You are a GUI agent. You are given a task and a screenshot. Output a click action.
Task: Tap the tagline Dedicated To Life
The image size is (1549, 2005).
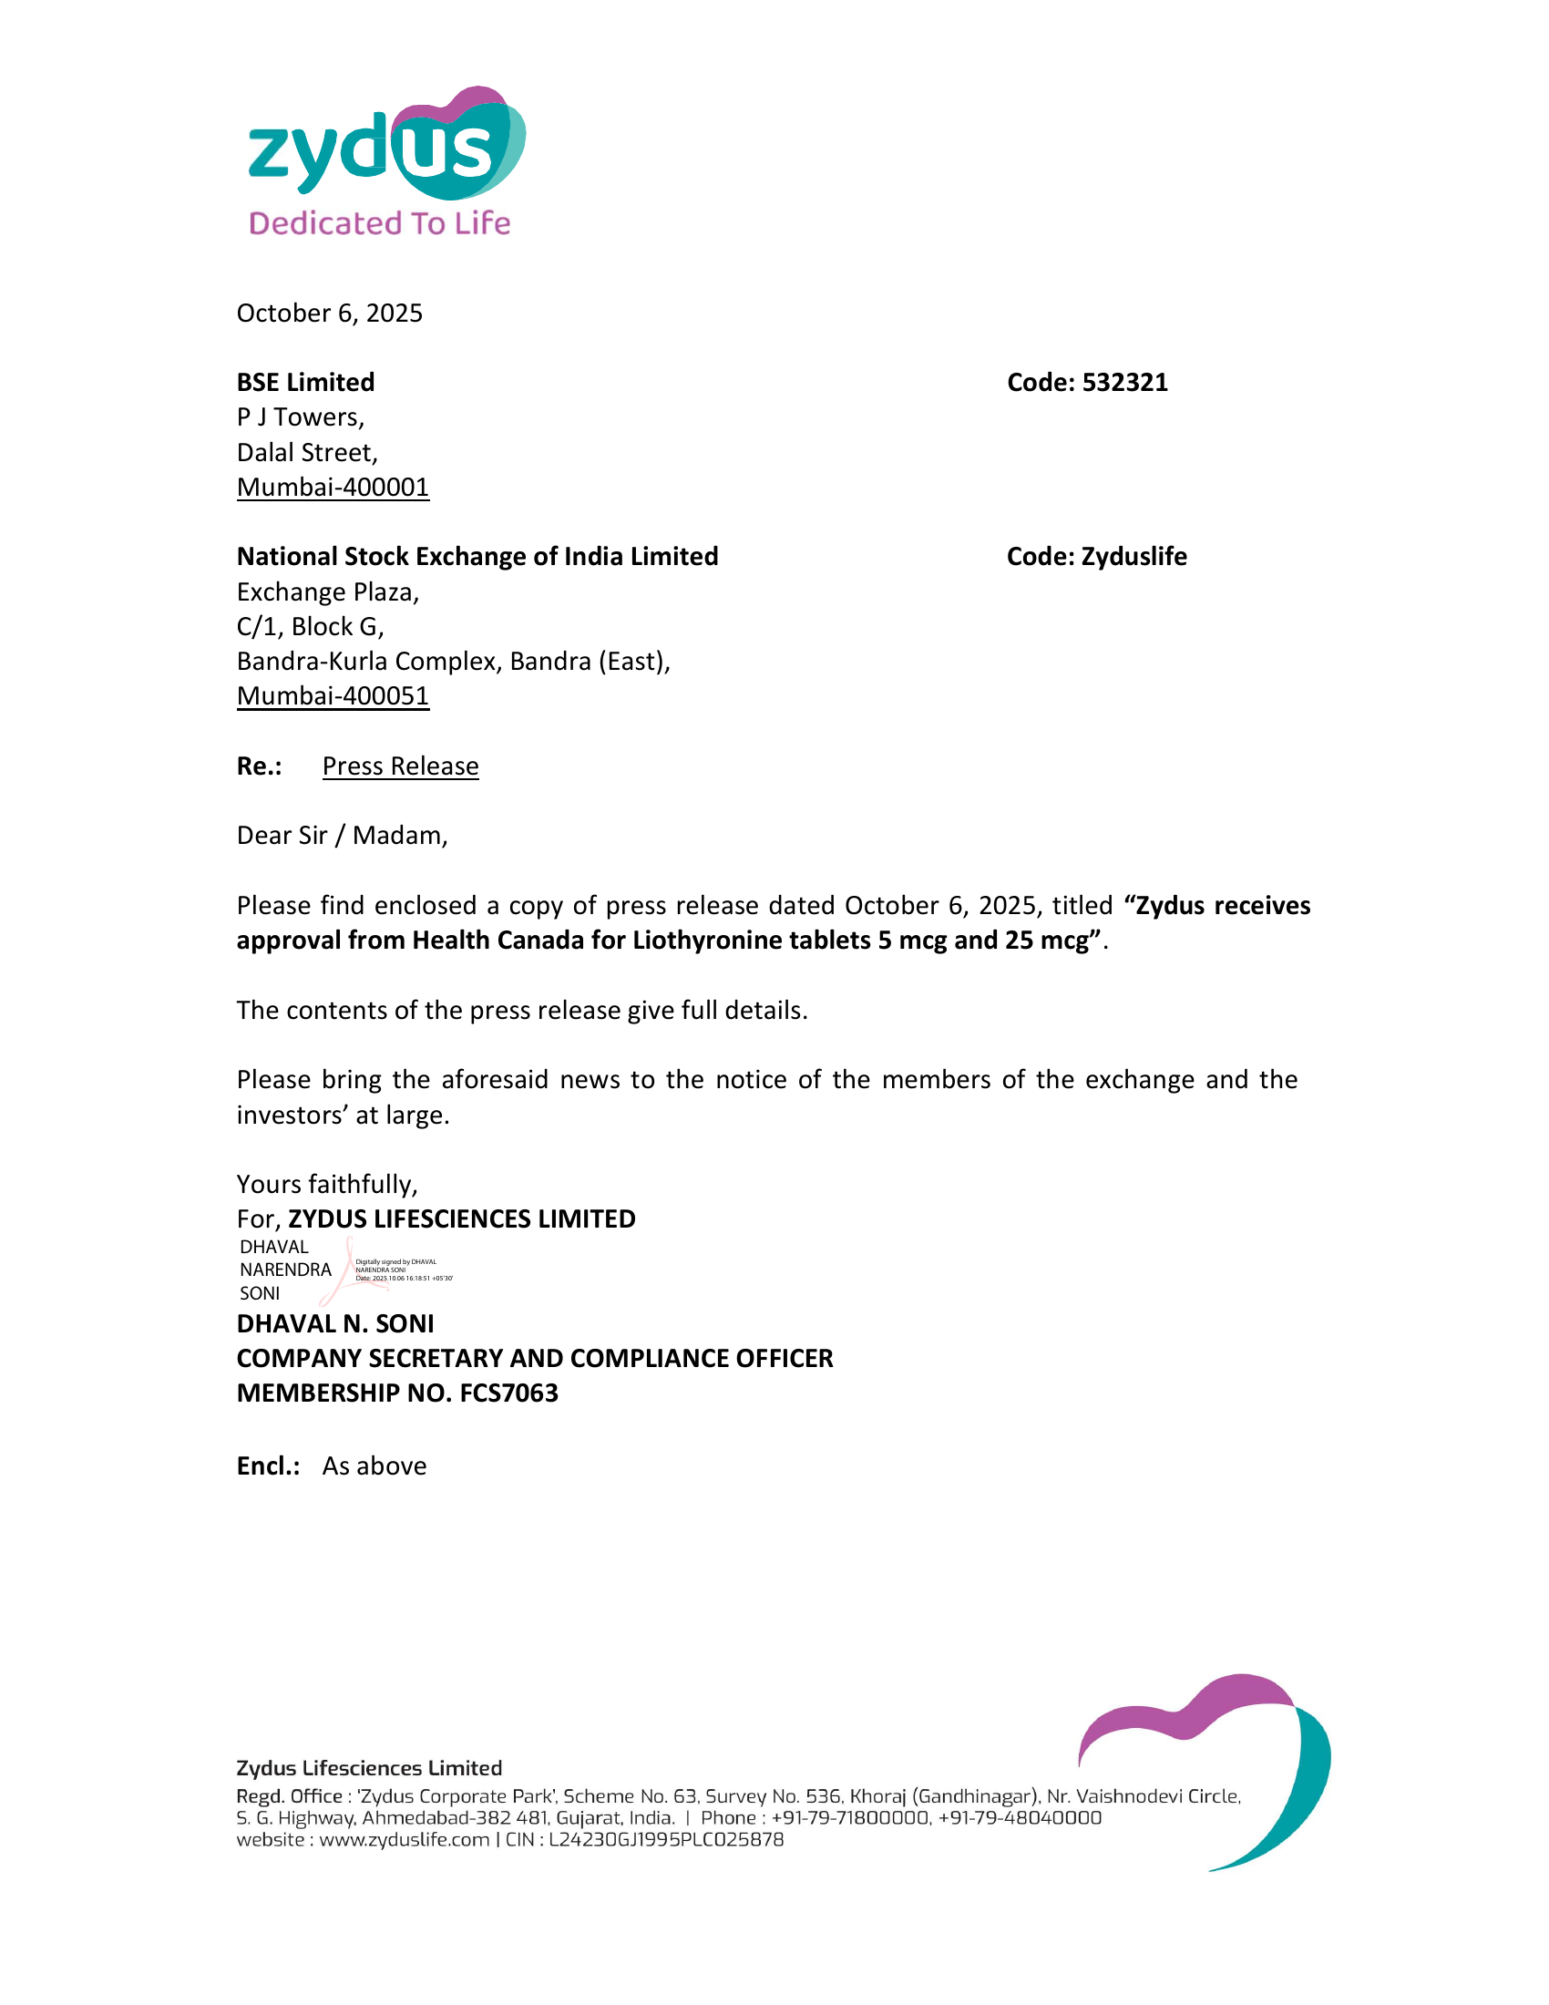(x=379, y=223)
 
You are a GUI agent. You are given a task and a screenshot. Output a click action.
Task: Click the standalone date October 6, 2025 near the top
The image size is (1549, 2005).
(x=330, y=313)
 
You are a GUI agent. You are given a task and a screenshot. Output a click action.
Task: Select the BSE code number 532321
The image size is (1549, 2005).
(x=1124, y=382)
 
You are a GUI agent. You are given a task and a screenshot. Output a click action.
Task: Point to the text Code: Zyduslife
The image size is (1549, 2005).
(x=1095, y=556)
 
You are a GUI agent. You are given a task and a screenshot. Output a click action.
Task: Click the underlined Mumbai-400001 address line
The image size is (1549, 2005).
(x=333, y=487)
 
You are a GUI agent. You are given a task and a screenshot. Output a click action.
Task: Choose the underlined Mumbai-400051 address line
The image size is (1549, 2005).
(x=333, y=696)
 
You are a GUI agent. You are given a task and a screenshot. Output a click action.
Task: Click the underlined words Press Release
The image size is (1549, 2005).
(x=400, y=766)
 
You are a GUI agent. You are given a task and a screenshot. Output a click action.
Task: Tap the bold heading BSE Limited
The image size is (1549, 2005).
(x=305, y=382)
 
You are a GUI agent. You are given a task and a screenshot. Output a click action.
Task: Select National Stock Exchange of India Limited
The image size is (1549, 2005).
(x=477, y=556)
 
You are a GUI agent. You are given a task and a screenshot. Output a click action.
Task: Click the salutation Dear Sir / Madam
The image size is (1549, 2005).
(x=342, y=836)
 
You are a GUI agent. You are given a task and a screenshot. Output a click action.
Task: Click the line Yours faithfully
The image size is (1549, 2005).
(x=327, y=1184)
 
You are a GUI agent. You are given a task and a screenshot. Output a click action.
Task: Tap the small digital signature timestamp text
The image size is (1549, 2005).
(x=403, y=1278)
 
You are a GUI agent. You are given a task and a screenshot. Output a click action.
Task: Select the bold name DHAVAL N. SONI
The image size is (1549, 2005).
(x=335, y=1324)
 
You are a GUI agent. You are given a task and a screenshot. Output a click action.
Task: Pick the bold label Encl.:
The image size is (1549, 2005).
(x=268, y=1466)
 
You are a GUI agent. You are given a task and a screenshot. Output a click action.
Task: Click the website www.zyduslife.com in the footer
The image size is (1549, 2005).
(x=404, y=1840)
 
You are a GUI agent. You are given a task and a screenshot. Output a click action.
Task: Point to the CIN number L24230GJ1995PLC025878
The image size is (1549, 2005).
(x=666, y=1840)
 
